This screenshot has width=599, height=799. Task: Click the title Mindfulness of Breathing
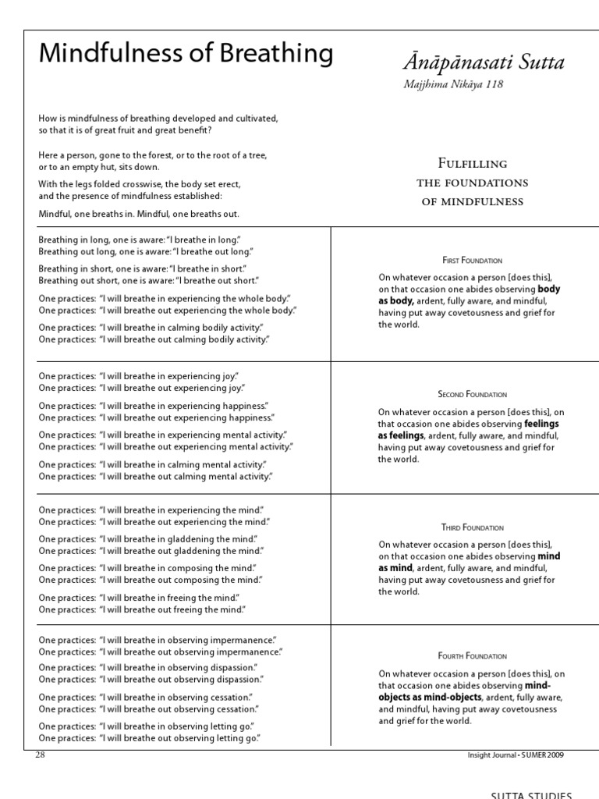point(186,54)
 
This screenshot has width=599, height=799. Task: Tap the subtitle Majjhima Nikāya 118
point(453,84)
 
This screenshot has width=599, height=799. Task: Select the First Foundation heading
point(472,260)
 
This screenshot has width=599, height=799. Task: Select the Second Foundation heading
point(472,394)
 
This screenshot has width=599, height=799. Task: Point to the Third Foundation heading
point(472,527)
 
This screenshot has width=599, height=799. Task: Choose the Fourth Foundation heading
point(472,656)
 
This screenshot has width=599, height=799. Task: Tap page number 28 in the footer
point(41,755)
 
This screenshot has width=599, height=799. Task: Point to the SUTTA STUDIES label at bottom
point(531,794)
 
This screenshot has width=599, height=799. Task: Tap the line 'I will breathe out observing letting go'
point(149,737)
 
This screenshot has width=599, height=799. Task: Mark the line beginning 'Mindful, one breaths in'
point(139,213)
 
